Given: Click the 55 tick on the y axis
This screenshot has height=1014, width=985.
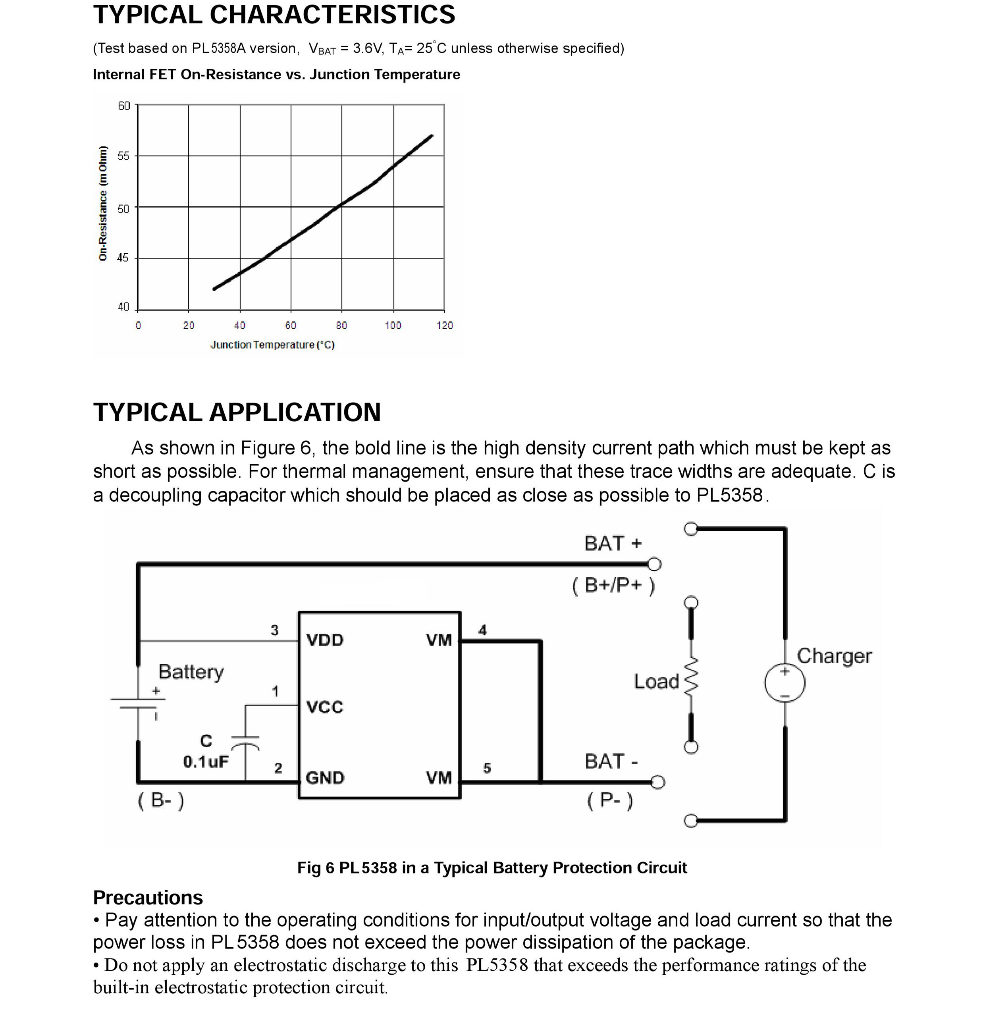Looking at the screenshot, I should coord(123,156).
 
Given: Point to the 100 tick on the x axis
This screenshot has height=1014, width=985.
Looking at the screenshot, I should coord(393,326).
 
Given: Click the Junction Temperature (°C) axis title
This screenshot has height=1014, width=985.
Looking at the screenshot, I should coord(273,345).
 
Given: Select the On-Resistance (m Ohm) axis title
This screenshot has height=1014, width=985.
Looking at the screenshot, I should coord(102,203).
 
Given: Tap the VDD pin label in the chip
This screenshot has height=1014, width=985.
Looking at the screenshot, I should coord(324,640).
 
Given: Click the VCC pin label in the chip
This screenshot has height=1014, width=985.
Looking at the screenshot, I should coord(324,707).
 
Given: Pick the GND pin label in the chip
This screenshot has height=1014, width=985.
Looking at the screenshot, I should coord(324,778).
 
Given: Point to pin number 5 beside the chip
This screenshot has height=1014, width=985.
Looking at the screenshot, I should coord(487,768).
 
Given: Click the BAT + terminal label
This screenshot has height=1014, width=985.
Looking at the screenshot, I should coord(613,544).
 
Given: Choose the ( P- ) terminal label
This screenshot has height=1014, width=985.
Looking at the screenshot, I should coord(610,800).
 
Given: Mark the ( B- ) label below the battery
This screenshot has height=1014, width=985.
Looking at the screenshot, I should coord(161,800).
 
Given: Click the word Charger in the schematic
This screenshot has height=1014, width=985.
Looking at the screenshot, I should coord(834,656).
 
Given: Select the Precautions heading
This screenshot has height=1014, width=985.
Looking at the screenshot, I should coord(148,898).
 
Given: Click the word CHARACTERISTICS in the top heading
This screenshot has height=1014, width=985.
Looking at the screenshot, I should coord(332,14).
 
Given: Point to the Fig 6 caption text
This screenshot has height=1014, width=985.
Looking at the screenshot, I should coord(492,867).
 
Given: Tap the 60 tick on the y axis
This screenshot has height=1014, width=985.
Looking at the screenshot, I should coord(123,106).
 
